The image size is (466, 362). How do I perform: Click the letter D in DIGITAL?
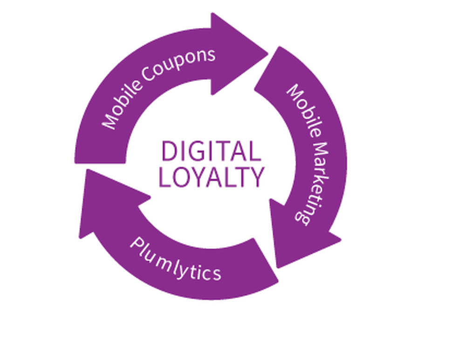(x=168, y=152)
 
